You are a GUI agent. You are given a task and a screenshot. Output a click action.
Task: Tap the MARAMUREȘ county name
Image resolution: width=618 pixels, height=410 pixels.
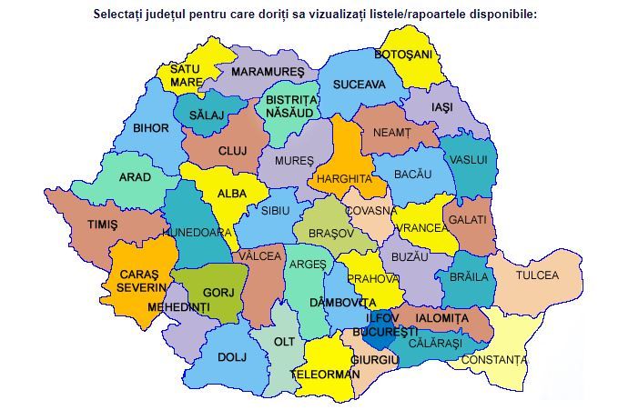(x=267, y=71)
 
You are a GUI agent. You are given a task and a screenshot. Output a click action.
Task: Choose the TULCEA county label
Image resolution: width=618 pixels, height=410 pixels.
(x=538, y=275)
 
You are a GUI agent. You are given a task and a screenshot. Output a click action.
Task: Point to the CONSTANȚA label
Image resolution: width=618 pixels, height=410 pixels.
(x=494, y=360)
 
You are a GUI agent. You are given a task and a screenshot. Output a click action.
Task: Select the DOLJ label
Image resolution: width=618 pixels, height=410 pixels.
(x=232, y=357)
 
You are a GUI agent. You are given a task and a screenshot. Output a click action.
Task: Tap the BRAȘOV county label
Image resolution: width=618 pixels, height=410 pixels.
(x=330, y=234)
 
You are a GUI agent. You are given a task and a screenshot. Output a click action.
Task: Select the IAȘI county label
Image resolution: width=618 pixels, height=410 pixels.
(x=444, y=106)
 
